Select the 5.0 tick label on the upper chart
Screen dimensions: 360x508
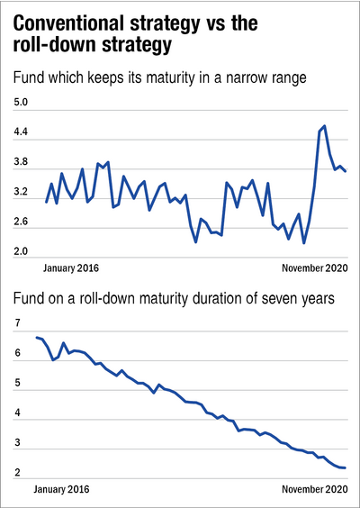tap(20, 103)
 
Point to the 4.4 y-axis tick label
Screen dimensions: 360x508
tap(20, 132)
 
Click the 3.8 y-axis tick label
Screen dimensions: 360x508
tap(20, 161)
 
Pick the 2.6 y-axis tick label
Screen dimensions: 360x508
tap(20, 222)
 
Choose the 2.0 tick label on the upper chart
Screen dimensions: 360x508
tap(20, 251)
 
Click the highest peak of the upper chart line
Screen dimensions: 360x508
tap(324, 126)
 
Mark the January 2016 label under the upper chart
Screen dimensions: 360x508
tap(71, 268)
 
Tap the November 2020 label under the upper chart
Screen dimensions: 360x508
tap(315, 268)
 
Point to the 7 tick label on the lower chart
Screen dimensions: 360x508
tap(16, 323)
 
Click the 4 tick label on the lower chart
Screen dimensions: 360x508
tap(16, 413)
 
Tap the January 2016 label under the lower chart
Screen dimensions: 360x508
tap(61, 488)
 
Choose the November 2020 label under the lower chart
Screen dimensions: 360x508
tap(315, 488)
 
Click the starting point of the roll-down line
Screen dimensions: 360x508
tap(37, 337)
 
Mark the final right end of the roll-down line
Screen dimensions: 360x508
tap(345, 467)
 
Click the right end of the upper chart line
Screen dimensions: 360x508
tap(346, 171)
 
